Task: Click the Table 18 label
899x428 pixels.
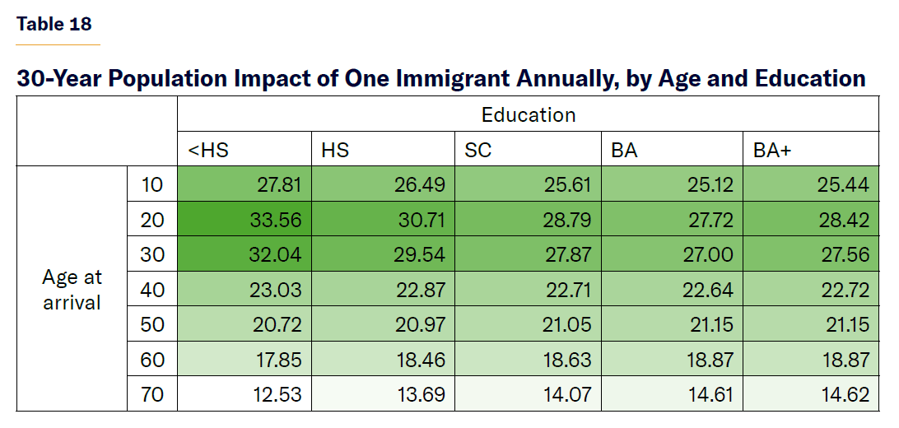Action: tap(54, 23)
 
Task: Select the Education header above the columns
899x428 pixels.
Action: tap(529, 114)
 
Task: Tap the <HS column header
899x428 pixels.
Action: tap(208, 150)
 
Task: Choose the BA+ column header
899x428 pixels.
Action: tap(771, 150)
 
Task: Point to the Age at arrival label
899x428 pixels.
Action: tap(72, 290)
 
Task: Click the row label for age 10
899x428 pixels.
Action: tap(152, 184)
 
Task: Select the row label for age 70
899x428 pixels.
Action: tap(152, 395)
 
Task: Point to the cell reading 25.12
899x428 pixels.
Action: tap(710, 184)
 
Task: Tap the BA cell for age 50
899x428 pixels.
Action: tap(710, 324)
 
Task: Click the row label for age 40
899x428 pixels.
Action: tap(152, 290)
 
